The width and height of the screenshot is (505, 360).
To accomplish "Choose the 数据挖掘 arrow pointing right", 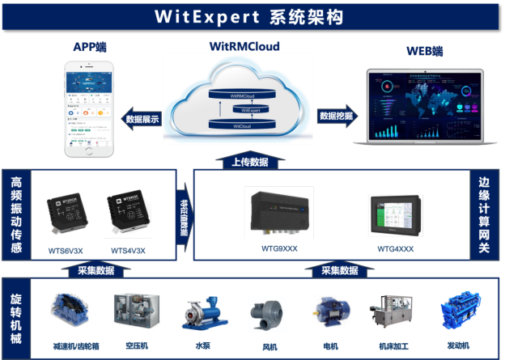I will pyautogui.click(x=337, y=116).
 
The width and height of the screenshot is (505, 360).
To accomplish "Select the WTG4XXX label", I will pyautogui.click(x=394, y=248).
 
